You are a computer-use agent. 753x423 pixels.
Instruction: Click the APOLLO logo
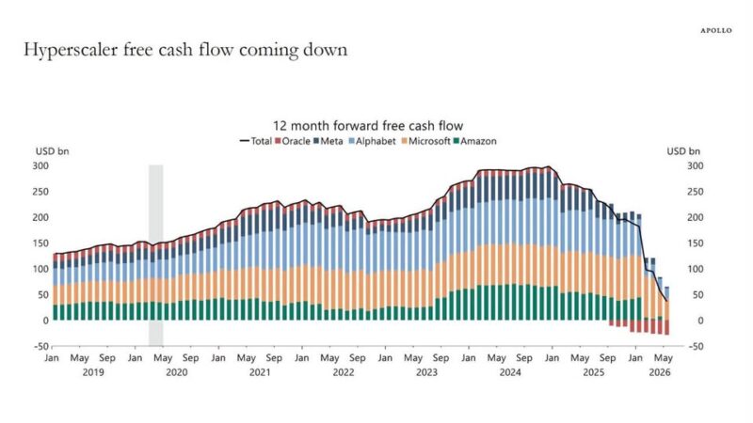tap(716, 30)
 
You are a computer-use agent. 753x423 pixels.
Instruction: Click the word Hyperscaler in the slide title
tap(71, 51)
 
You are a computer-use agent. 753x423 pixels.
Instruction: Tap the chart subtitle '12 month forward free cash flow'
tap(368, 126)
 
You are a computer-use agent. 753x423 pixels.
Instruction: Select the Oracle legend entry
tap(293, 141)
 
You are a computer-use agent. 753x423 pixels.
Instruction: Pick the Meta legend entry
tap(328, 141)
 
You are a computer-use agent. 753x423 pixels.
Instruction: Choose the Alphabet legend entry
tap(372, 141)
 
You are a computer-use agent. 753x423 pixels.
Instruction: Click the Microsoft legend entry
tap(426, 141)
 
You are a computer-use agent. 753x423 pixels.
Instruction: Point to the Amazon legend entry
tap(475, 141)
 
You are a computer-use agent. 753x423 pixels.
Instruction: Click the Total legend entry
tap(256, 141)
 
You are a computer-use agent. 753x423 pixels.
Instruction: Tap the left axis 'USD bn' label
tap(53, 151)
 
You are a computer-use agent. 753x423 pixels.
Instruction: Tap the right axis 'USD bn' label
tap(683, 151)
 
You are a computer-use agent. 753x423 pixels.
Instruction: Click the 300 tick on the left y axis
tap(40, 166)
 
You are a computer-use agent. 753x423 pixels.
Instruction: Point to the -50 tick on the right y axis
tap(695, 346)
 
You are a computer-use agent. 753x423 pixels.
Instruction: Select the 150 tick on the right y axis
tap(695, 243)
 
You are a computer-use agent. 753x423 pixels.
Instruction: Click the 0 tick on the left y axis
tap(46, 321)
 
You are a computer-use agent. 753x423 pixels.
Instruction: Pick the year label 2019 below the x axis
tap(93, 372)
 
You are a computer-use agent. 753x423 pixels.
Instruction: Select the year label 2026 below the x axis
tap(660, 372)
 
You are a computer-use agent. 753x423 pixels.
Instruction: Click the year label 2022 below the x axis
tap(344, 372)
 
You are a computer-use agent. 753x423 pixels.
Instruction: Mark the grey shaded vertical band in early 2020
tap(155, 255)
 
